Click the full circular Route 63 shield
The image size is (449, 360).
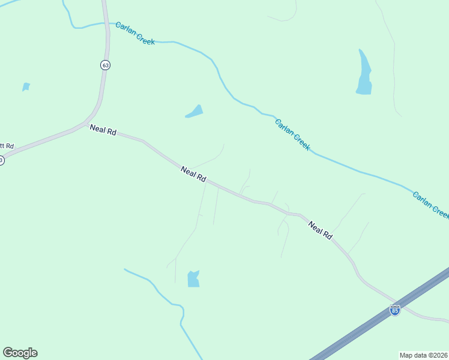point(105,65)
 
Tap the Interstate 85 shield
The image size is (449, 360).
point(394,310)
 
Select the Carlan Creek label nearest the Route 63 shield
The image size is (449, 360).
point(135,33)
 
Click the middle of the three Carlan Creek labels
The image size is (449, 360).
point(292,134)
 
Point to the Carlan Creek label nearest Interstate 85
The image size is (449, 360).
point(430,205)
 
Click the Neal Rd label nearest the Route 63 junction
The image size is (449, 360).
point(103,130)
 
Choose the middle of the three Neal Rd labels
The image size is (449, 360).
point(193,175)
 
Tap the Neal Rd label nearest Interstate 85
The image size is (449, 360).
point(320,230)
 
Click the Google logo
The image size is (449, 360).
point(20,353)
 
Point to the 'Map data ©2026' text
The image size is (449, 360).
point(424,355)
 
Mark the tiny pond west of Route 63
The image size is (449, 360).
point(26,87)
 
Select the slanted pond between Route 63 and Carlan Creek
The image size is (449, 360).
point(194,112)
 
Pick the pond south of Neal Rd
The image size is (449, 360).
point(193,279)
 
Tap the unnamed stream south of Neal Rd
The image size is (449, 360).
point(161,293)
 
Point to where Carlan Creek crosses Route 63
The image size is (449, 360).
point(106,23)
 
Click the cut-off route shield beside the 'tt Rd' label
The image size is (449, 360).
point(1,160)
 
